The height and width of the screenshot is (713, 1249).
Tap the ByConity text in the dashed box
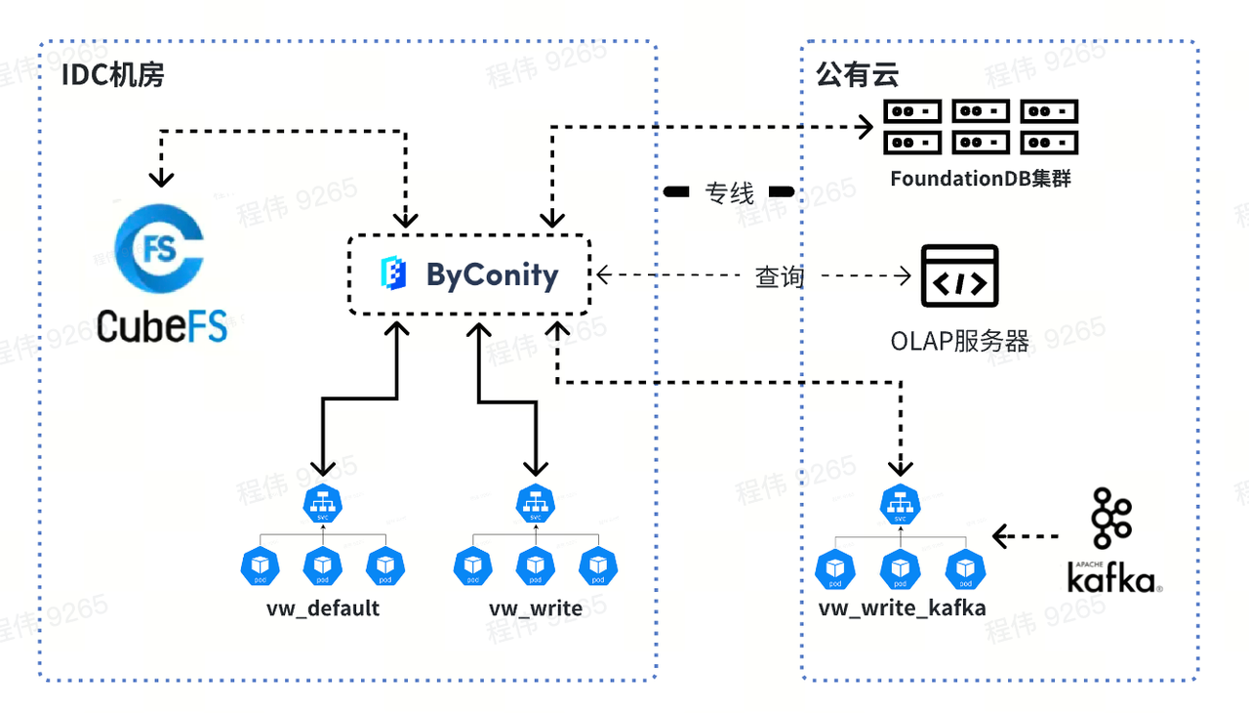pyautogui.click(x=492, y=275)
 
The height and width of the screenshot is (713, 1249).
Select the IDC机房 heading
pyautogui.click(x=112, y=75)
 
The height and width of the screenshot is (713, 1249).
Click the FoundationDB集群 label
pyautogui.click(x=980, y=180)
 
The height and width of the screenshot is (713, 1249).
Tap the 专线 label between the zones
pyautogui.click(x=729, y=192)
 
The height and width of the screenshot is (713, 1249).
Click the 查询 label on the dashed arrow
pyautogui.click(x=779, y=277)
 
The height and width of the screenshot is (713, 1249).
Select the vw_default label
pyautogui.click(x=323, y=608)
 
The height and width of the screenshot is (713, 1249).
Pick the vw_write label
pyautogui.click(x=536, y=608)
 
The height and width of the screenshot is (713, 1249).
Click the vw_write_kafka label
pyautogui.click(x=902, y=608)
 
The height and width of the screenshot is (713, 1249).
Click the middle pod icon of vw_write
pyautogui.click(x=535, y=566)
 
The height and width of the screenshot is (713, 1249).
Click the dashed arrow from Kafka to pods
pyautogui.click(x=1027, y=535)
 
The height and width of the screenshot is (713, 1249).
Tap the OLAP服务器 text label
pyautogui.click(x=959, y=341)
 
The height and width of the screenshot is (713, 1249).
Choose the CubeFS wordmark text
pyautogui.click(x=162, y=325)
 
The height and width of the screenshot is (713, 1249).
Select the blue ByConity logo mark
pyautogui.click(x=392, y=274)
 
